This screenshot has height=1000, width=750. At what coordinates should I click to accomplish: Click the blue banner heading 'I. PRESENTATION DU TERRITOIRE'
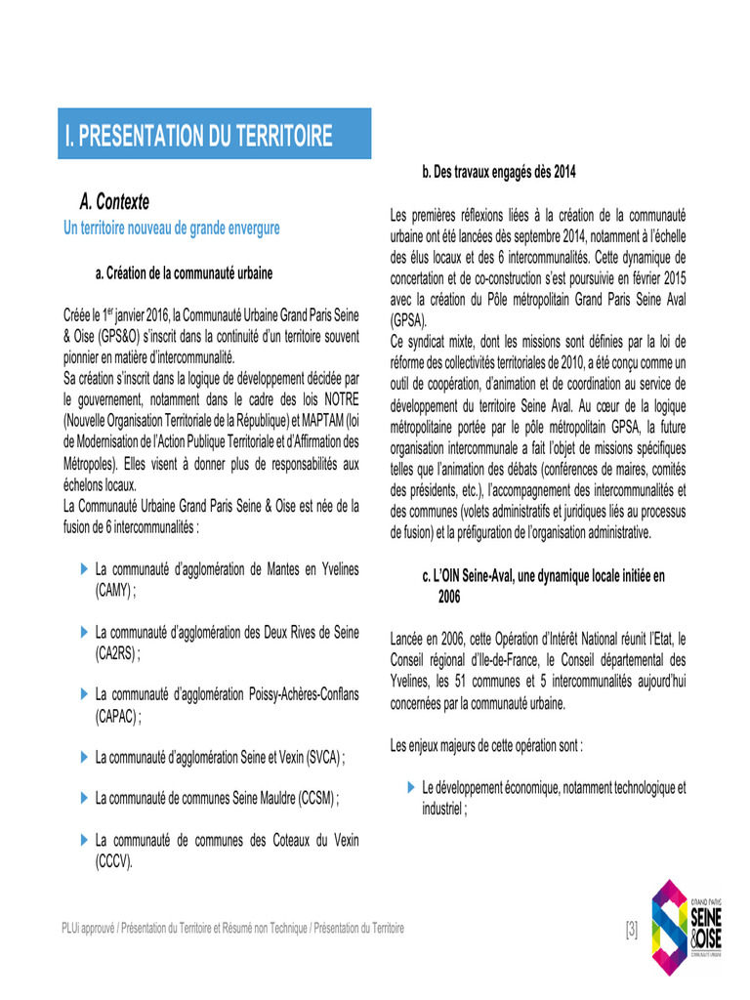pos(198,135)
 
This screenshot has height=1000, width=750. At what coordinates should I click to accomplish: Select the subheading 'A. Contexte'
pos(114,202)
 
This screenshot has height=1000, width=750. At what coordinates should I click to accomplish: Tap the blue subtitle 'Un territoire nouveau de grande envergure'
pos(172,228)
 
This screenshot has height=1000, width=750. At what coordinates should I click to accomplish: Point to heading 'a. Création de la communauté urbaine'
pos(184,273)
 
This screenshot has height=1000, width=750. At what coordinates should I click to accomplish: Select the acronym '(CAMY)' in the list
pos(112,591)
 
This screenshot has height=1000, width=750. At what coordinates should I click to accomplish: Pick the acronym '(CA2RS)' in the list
pos(116,653)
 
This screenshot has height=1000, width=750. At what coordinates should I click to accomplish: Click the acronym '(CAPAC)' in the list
pos(116,716)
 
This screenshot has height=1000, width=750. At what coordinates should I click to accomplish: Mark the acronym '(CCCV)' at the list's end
pos(112,860)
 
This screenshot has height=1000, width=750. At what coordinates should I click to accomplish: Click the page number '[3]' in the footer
pos(631,929)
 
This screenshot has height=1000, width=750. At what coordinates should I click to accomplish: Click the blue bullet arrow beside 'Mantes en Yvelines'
pos(83,567)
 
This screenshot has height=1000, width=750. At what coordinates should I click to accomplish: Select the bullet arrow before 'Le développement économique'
pos(410,786)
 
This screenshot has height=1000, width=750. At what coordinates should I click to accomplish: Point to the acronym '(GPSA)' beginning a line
pos(408,320)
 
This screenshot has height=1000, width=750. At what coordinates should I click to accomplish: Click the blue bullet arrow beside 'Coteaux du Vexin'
pos(83,838)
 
